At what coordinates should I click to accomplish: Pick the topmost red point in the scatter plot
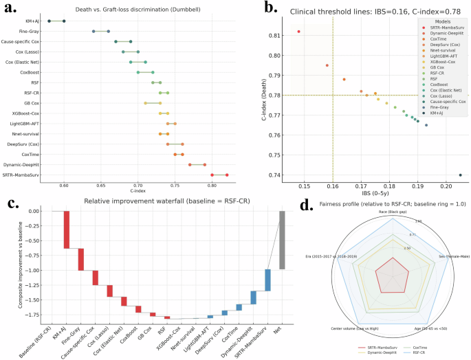(x=298, y=32)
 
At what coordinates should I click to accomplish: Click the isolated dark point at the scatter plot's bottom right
(x=460, y=175)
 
